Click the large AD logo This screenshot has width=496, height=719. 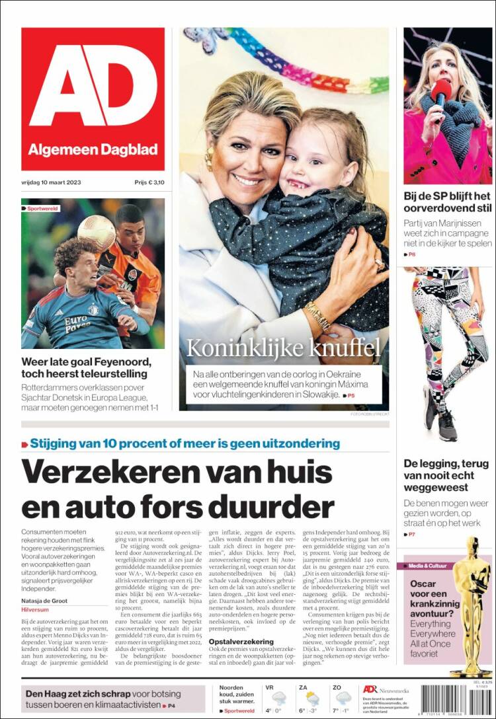tap(93, 86)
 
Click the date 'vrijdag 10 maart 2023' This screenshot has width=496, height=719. tap(52, 182)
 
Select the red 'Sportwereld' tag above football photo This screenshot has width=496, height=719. tap(42, 208)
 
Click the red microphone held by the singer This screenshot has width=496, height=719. tap(440, 92)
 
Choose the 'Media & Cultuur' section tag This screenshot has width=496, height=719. tap(430, 566)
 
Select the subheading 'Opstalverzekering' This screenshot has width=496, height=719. tap(242, 641)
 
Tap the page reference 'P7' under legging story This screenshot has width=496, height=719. tap(411, 534)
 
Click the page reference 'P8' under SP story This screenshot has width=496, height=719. tap(411, 254)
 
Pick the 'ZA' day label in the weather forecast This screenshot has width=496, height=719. tap(303, 688)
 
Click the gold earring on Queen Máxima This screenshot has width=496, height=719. tap(210, 159)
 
